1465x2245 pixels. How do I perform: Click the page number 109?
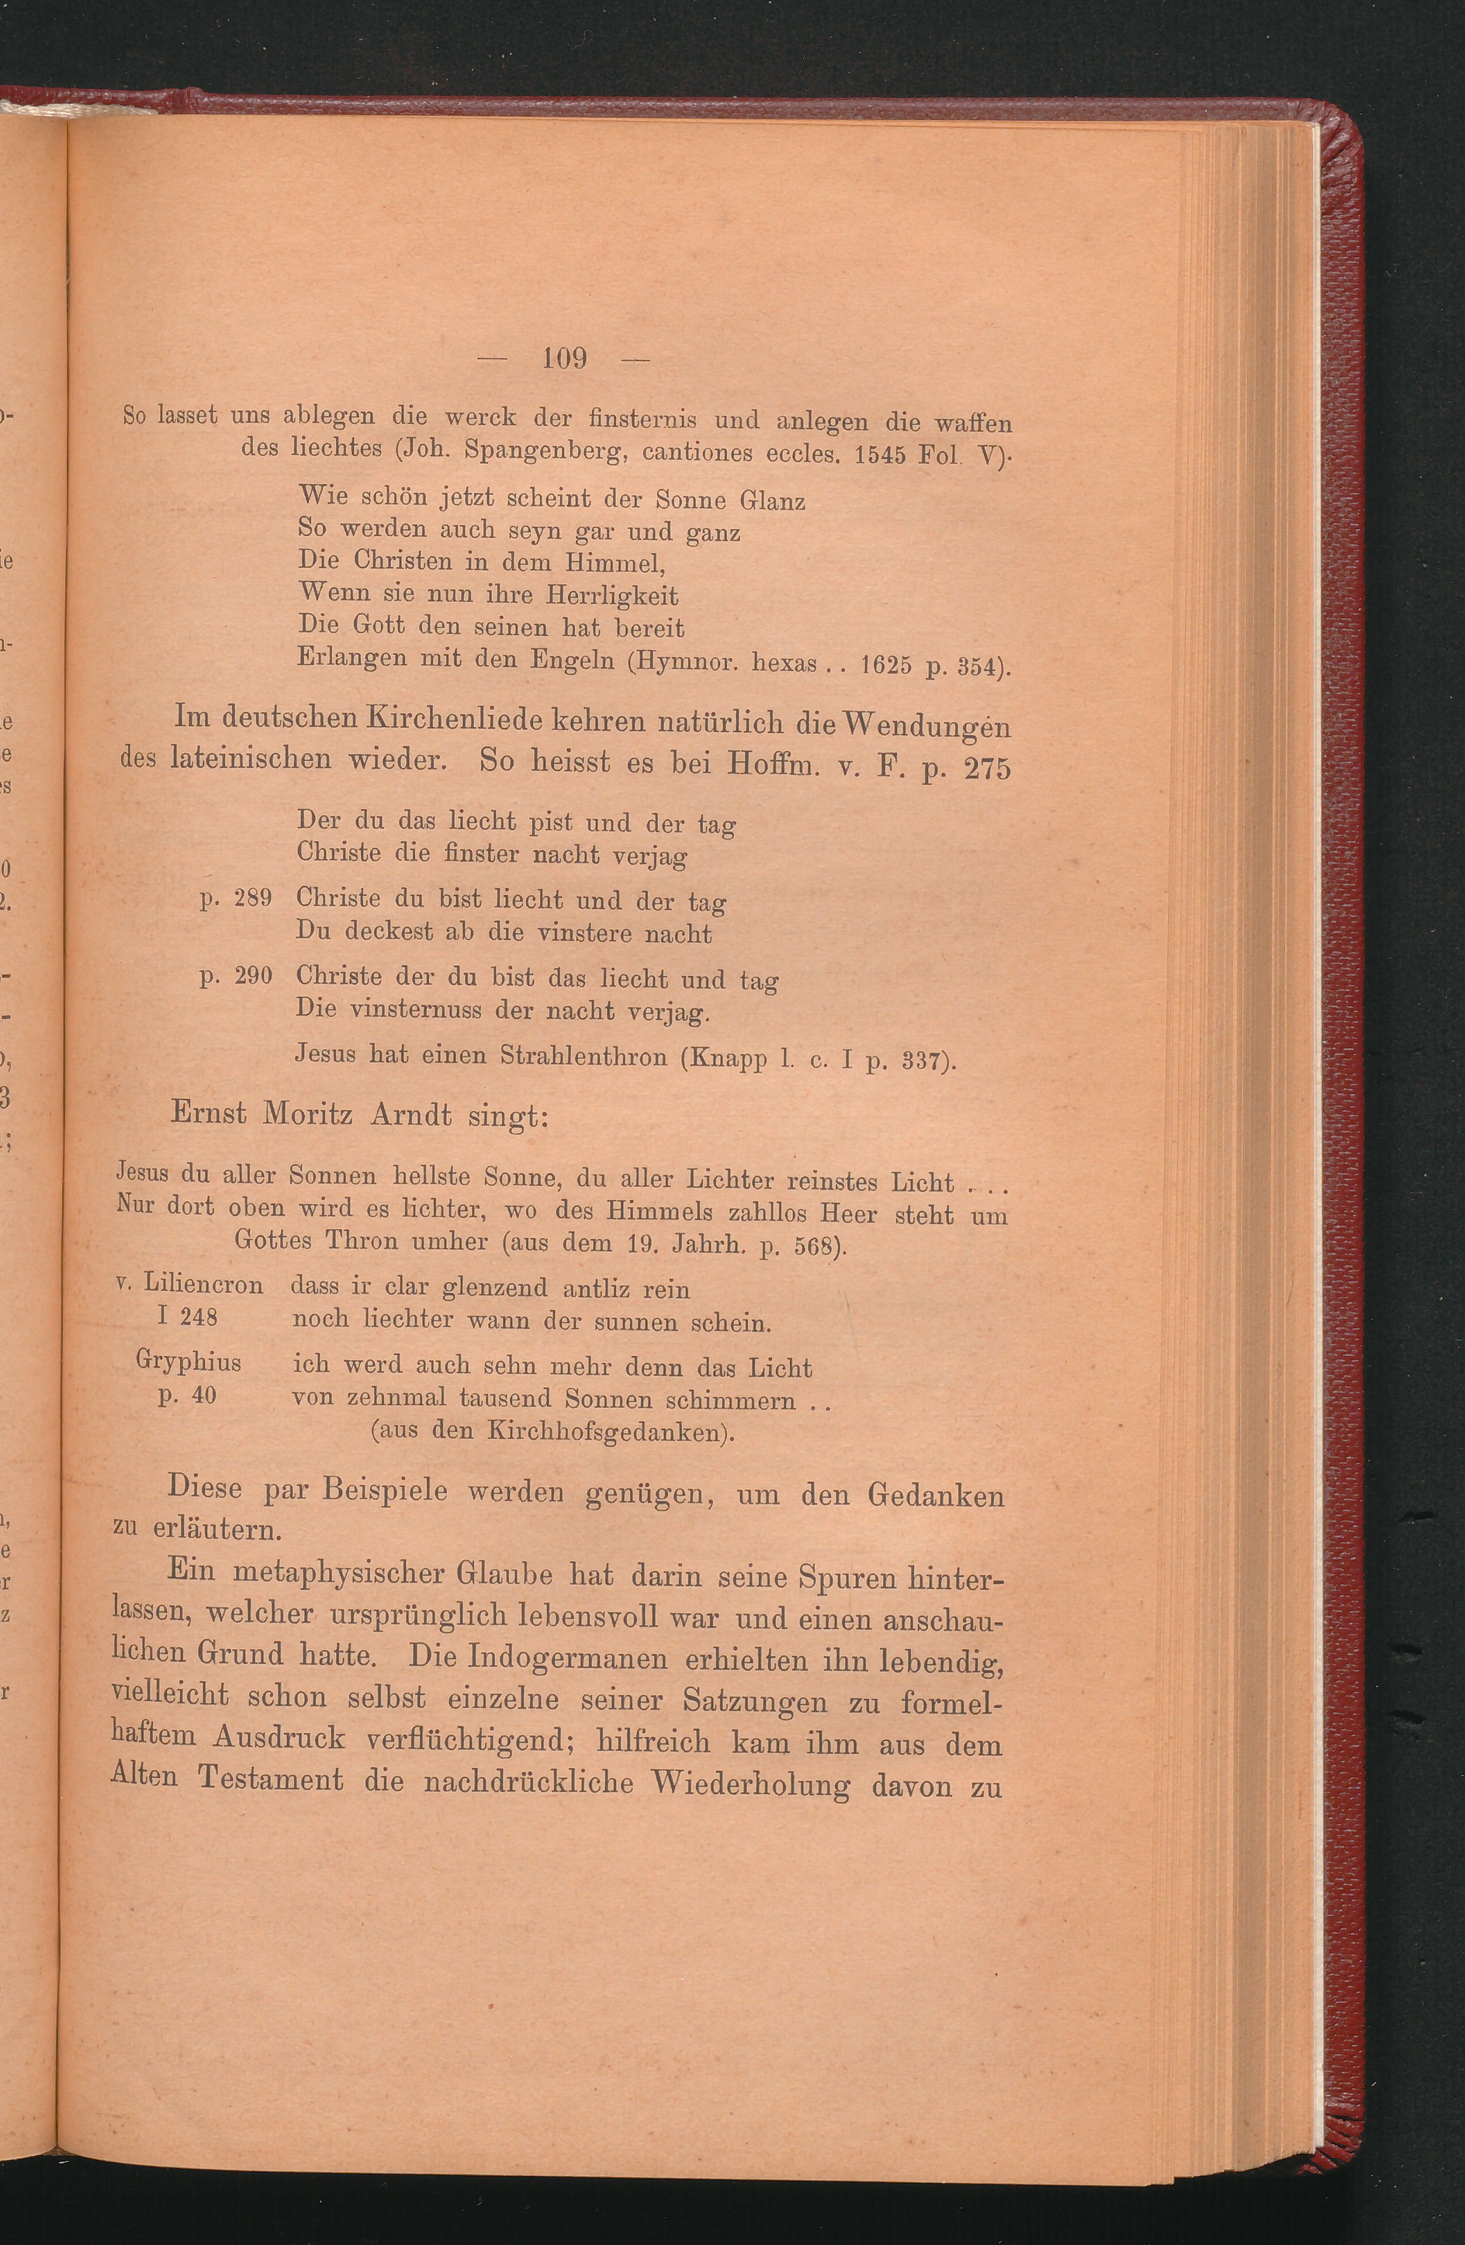[x=565, y=358]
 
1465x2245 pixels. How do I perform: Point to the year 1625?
[x=886, y=666]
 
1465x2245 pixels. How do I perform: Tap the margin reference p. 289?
[x=236, y=898]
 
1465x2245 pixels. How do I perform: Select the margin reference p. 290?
[x=236, y=977]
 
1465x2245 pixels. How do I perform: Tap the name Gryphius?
[x=189, y=1362]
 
